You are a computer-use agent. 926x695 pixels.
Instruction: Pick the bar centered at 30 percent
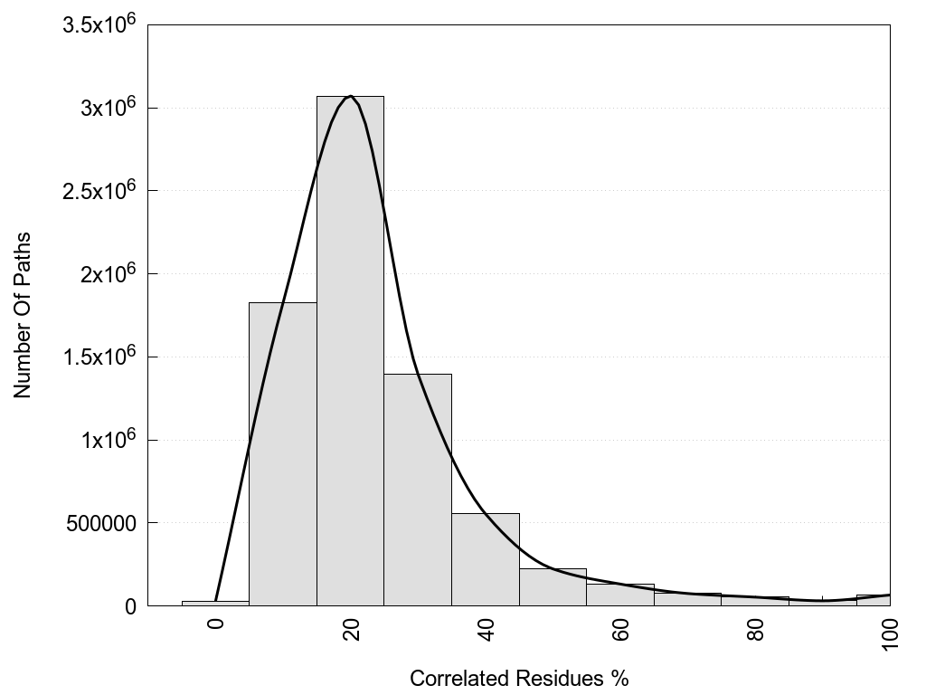418,490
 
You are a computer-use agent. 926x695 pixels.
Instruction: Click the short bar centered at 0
215,603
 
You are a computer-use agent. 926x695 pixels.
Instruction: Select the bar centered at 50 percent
553,587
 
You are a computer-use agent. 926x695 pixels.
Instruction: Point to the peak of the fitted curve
351,96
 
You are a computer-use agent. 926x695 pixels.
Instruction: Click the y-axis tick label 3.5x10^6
99,24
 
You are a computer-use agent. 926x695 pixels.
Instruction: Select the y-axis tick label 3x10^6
106,108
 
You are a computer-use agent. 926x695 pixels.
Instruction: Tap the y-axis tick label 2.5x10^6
99,190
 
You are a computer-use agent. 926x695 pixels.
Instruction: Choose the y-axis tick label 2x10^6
106,273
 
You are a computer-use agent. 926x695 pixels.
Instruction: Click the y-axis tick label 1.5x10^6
99,357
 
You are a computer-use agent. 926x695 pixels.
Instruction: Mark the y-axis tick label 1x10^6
106,440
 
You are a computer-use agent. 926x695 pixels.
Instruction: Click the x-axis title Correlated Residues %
519,678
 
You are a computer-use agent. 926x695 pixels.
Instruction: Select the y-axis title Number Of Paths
23,315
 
